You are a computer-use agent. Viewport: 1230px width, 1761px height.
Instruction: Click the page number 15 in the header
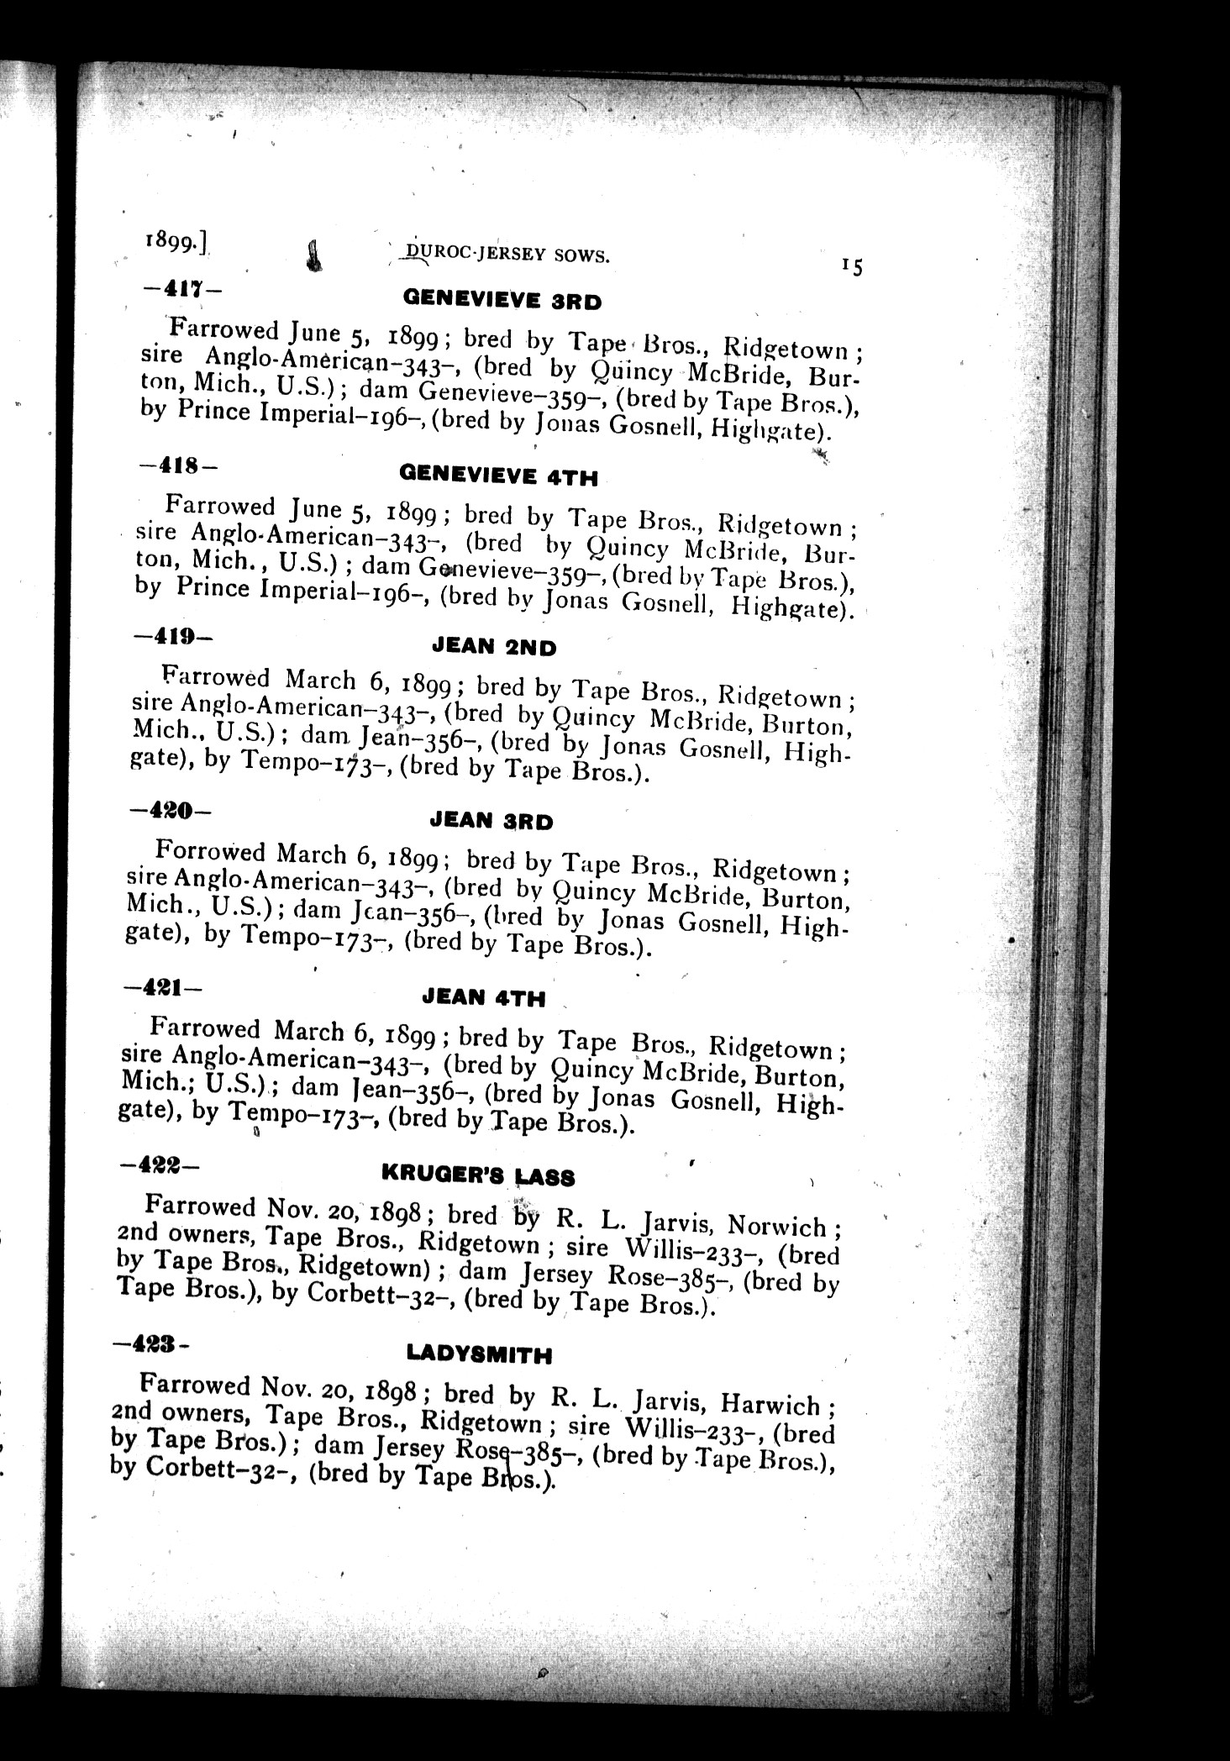pos(851,267)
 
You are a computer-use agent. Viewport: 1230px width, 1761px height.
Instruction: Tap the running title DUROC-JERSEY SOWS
pos(506,255)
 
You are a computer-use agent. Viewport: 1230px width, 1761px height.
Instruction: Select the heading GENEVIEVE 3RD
pos(502,300)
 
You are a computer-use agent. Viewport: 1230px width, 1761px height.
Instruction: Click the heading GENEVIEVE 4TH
pos(499,476)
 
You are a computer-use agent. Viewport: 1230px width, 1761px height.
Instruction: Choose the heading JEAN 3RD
pos(491,821)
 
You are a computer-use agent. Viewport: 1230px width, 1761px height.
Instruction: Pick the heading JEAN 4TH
pos(483,998)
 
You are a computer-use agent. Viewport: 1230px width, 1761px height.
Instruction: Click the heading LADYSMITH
pos(479,1354)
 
